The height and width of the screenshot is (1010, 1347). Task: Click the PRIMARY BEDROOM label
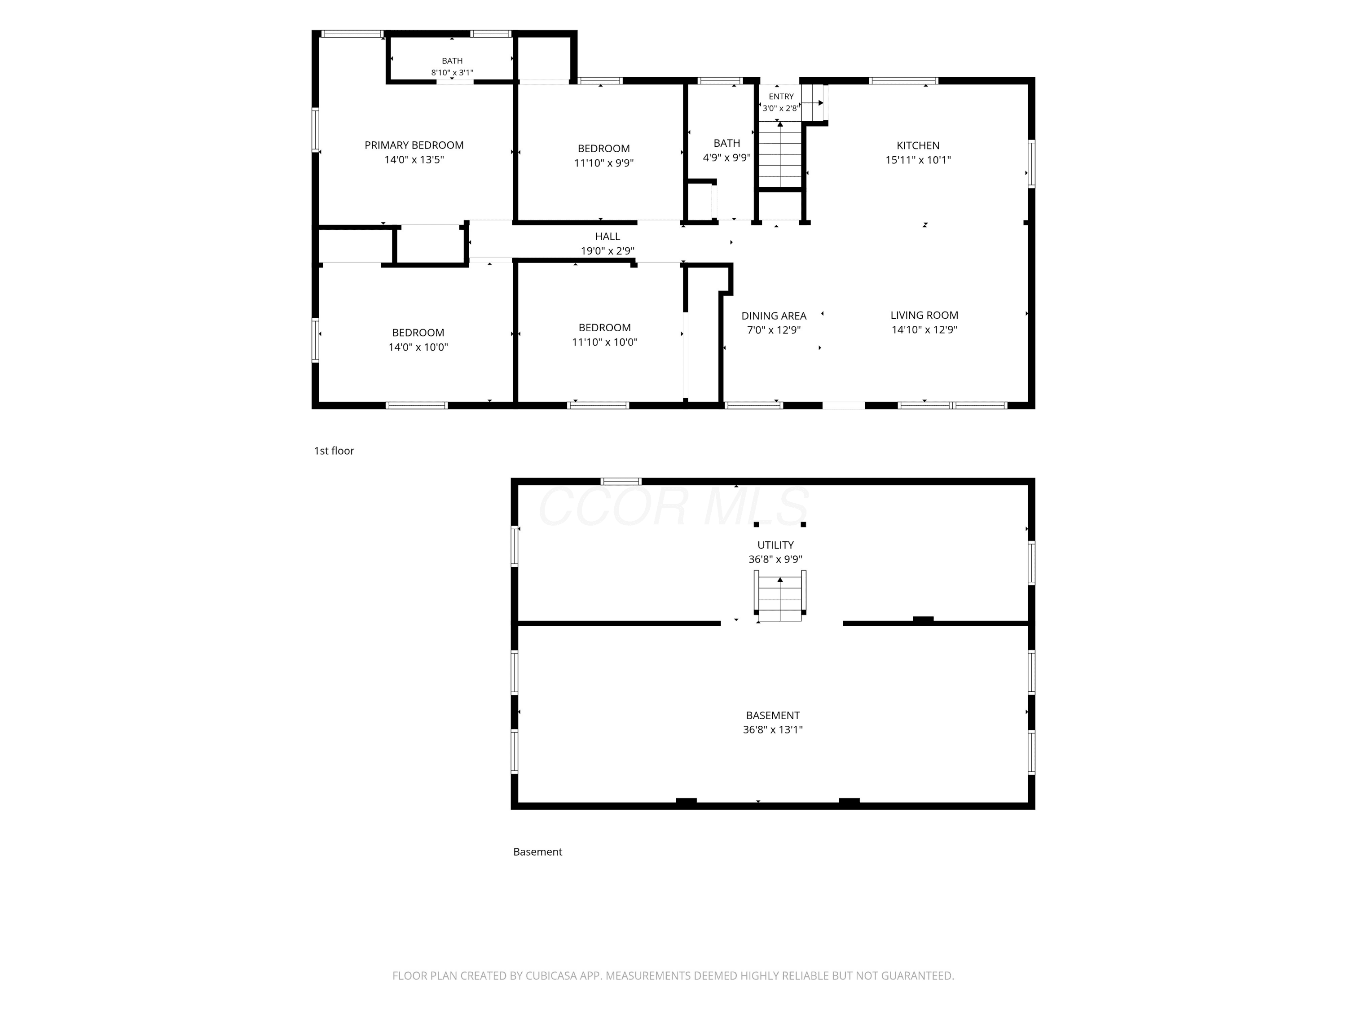(x=414, y=145)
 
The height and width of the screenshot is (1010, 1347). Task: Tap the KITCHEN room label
(x=918, y=145)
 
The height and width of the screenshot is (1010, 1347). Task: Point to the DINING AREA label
(x=773, y=316)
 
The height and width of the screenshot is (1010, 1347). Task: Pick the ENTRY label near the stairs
(x=781, y=96)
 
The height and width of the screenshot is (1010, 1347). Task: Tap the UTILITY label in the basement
(x=775, y=545)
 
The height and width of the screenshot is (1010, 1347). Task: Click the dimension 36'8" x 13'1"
(x=773, y=729)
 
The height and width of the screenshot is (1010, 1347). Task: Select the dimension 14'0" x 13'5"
(x=414, y=159)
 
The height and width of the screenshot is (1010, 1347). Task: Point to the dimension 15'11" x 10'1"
(x=918, y=159)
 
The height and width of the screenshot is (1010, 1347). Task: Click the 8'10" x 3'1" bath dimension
(x=452, y=72)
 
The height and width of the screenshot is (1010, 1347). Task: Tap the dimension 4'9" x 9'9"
(x=726, y=157)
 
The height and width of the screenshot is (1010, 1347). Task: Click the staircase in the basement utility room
(x=780, y=597)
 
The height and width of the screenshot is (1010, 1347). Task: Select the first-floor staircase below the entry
(x=780, y=154)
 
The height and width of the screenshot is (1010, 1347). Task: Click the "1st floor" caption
(x=334, y=451)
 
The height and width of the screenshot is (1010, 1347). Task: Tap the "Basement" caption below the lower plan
(x=537, y=852)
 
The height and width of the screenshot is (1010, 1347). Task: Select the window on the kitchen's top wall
(x=903, y=80)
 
